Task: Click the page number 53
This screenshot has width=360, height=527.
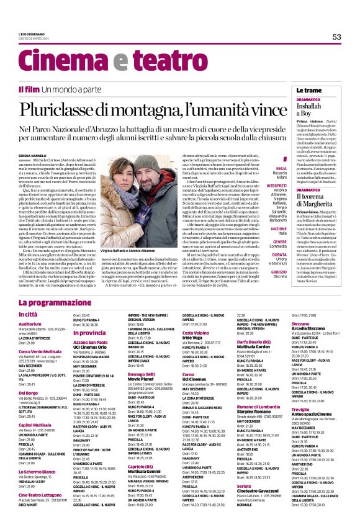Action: (x=337, y=37)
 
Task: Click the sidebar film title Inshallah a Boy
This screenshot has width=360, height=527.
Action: (x=310, y=110)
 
